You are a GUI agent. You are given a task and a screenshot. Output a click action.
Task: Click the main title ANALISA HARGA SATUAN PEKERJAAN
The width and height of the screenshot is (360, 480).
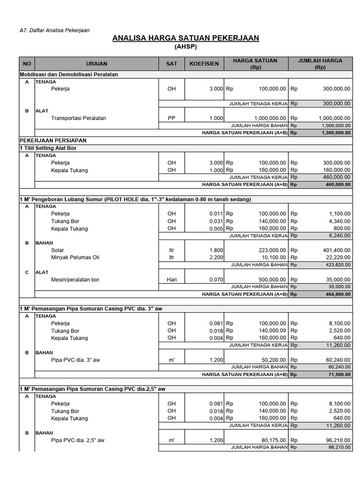click(x=186, y=38)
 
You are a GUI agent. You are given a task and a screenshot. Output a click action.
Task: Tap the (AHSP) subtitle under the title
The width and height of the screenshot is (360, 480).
click(x=186, y=47)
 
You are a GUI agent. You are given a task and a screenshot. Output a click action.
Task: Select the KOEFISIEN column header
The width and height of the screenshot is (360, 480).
click(x=204, y=64)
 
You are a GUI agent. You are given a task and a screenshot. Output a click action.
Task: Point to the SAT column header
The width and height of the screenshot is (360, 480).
click(x=172, y=64)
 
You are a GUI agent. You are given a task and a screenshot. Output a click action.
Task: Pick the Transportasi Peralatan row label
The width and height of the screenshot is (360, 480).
click(x=79, y=118)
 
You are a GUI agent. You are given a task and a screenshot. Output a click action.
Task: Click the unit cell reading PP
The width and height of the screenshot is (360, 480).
click(x=172, y=118)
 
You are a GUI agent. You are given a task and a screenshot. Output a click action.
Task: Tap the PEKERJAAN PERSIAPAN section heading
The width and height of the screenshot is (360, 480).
click(x=53, y=140)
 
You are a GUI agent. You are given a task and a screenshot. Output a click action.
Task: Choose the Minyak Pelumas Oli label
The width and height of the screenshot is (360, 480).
click(x=75, y=257)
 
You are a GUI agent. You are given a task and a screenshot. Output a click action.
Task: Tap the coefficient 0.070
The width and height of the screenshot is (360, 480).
click(x=216, y=280)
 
